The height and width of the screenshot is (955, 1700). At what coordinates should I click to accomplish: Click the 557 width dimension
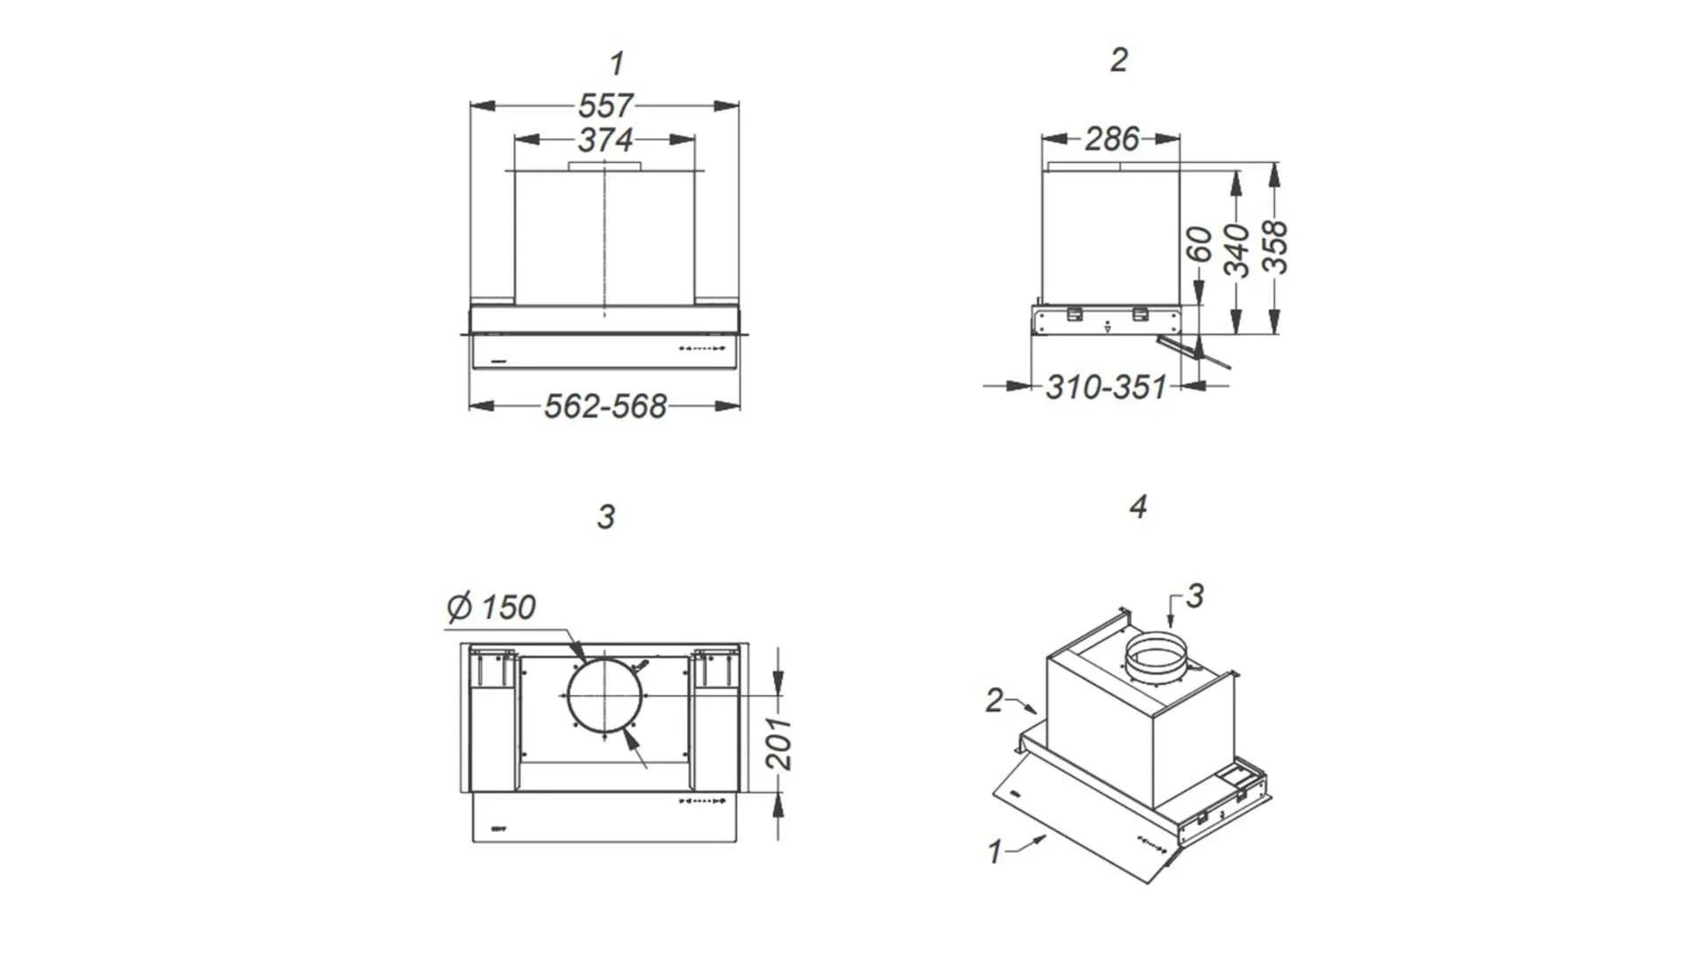pos(606,106)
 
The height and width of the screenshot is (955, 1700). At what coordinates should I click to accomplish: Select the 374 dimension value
pos(606,140)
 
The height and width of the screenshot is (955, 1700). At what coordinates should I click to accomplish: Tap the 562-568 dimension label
pos(605,406)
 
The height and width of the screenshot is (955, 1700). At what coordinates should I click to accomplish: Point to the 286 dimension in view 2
pos(1112,139)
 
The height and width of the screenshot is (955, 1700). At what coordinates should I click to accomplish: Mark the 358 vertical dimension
pos(1274,248)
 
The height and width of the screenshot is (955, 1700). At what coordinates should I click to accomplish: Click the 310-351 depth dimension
pos(1106,387)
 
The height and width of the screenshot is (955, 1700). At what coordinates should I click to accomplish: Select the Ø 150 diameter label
pos(491,607)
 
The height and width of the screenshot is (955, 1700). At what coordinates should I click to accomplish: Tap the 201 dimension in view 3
pos(778,743)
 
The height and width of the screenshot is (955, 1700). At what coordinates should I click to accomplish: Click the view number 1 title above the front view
pos(616,64)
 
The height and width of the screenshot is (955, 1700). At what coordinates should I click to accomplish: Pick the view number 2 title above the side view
pos(1119,60)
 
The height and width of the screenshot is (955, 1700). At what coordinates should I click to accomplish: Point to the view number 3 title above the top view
pos(606,517)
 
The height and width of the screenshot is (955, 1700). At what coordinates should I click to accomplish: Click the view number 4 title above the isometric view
pos(1138,506)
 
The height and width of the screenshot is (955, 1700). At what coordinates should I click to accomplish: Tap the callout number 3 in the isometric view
pos(1194,596)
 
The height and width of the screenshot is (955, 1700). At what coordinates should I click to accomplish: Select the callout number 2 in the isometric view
pos(994,700)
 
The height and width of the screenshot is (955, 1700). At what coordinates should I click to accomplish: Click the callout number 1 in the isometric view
pos(994,851)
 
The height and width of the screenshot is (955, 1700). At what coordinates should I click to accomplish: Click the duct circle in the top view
pos(605,697)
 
